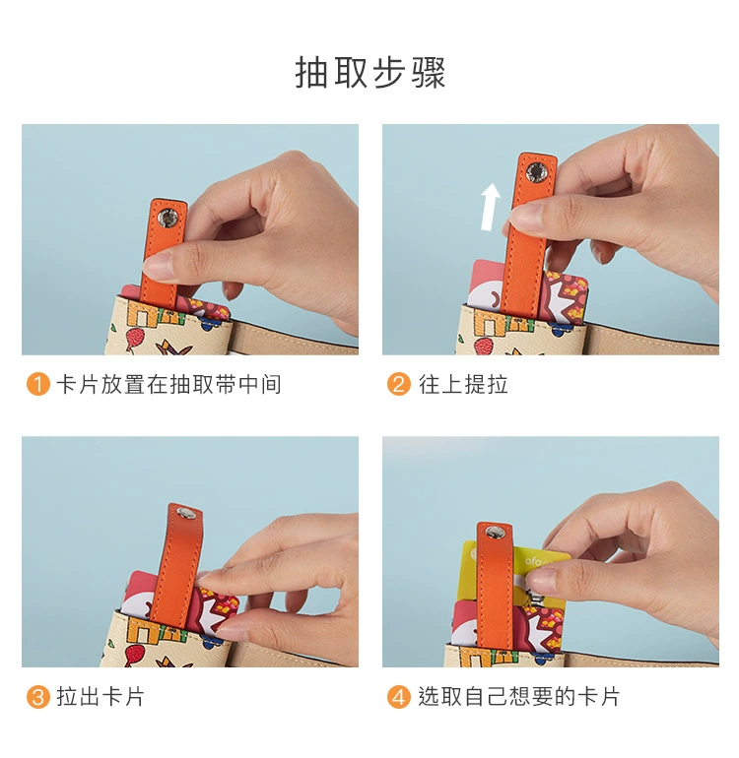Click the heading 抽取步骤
click(370, 73)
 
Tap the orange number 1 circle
click(38, 384)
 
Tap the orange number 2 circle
click(399, 384)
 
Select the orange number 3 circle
click(38, 697)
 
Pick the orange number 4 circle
click(399, 697)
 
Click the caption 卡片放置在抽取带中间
click(168, 384)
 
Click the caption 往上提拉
click(463, 384)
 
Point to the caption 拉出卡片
click(101, 697)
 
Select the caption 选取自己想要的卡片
click(519, 697)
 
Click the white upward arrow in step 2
click(491, 207)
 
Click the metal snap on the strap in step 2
click(536, 172)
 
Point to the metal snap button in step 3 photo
click(184, 513)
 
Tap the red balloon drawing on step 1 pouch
click(134, 337)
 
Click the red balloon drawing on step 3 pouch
click(134, 654)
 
